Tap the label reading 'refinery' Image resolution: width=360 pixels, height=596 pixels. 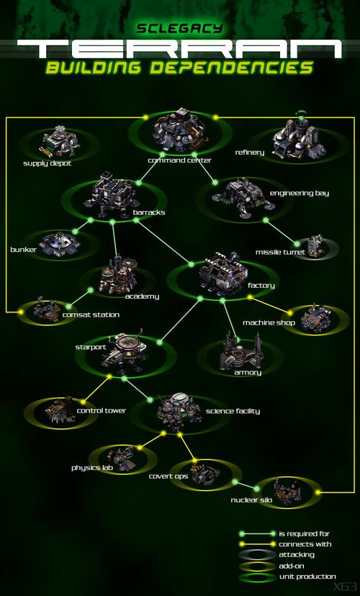249,153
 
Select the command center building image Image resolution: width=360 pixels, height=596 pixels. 179,132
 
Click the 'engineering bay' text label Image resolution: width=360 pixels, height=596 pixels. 300,193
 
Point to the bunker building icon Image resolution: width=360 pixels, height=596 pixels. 59,243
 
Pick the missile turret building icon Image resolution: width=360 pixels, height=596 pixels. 315,245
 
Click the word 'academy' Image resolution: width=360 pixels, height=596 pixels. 142,297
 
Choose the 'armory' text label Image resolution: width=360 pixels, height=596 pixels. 248,373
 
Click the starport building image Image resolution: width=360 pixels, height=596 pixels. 125,351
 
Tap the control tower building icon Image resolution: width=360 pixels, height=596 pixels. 59,411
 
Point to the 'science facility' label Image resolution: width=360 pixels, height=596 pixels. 233,411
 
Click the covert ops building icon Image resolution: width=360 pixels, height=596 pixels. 204,472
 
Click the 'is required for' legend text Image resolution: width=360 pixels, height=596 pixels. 304,533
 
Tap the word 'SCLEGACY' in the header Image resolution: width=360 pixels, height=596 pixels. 179,28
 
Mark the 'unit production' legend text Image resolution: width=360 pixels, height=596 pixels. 307,577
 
